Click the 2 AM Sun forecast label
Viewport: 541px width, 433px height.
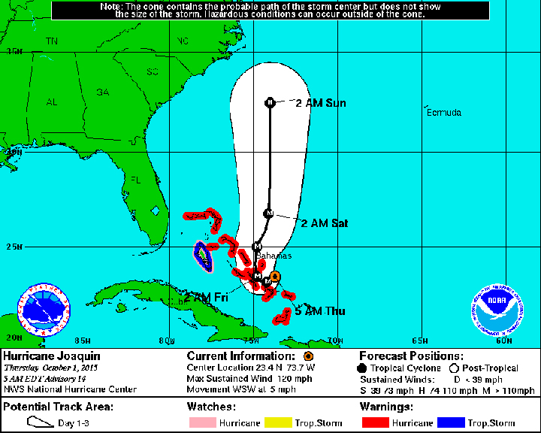pos(321,103)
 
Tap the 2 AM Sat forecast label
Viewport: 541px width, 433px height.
pos(324,223)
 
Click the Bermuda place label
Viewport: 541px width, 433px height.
pos(443,113)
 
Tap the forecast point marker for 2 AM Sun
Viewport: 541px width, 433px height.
pos(270,103)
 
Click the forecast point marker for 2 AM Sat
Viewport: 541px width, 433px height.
pos(268,213)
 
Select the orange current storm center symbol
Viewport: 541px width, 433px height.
pos(275,277)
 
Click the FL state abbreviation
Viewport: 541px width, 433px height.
pos(136,180)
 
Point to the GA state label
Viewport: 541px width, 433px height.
pos(102,92)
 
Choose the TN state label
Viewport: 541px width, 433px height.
pos(52,41)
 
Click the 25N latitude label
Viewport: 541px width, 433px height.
pos(13,247)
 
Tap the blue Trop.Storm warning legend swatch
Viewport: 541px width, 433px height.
pos(453,423)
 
